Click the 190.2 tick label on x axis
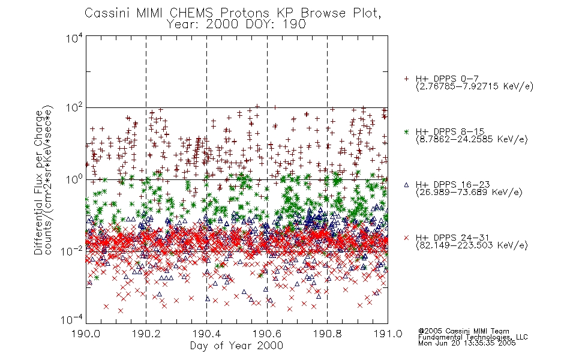coord(146,334)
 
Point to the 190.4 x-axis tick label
coord(206,334)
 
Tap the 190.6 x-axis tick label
coord(267,334)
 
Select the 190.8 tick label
coord(327,334)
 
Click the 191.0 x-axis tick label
coord(388,334)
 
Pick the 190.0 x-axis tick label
coord(86,334)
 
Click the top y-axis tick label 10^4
coord(74,38)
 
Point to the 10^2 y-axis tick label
coord(74,109)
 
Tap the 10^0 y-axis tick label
coord(74,180)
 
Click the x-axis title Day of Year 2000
coord(236,346)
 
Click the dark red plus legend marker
coord(406,79)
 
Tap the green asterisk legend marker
coord(406,131)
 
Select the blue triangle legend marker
coord(406,185)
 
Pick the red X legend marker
coord(406,238)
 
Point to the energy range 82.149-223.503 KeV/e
coord(472,245)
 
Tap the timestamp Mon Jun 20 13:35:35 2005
coord(467,343)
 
